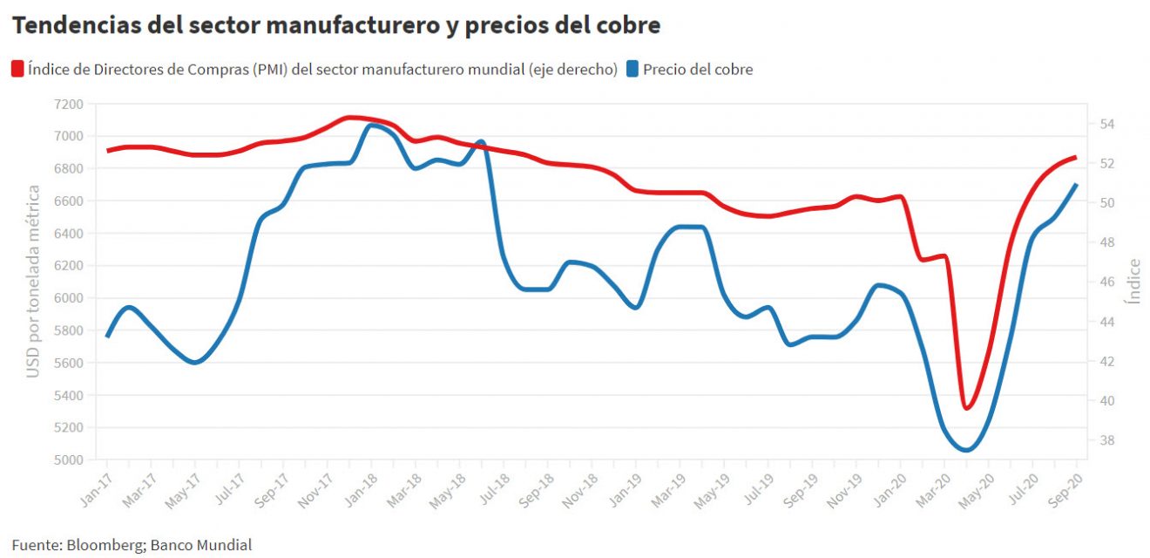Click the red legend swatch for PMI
pyautogui.click(x=17, y=69)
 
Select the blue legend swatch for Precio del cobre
pyautogui.click(x=632, y=69)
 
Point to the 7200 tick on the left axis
pyautogui.click(x=69, y=104)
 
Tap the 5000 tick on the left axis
pyautogui.click(x=69, y=459)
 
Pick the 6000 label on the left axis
pyautogui.click(x=69, y=298)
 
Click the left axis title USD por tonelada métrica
pyautogui.click(x=33, y=282)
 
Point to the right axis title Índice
pyautogui.click(x=1133, y=281)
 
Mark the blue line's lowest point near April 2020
pyautogui.click(x=965, y=450)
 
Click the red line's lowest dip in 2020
pyautogui.click(x=967, y=407)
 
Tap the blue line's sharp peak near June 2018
pyautogui.click(x=482, y=141)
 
